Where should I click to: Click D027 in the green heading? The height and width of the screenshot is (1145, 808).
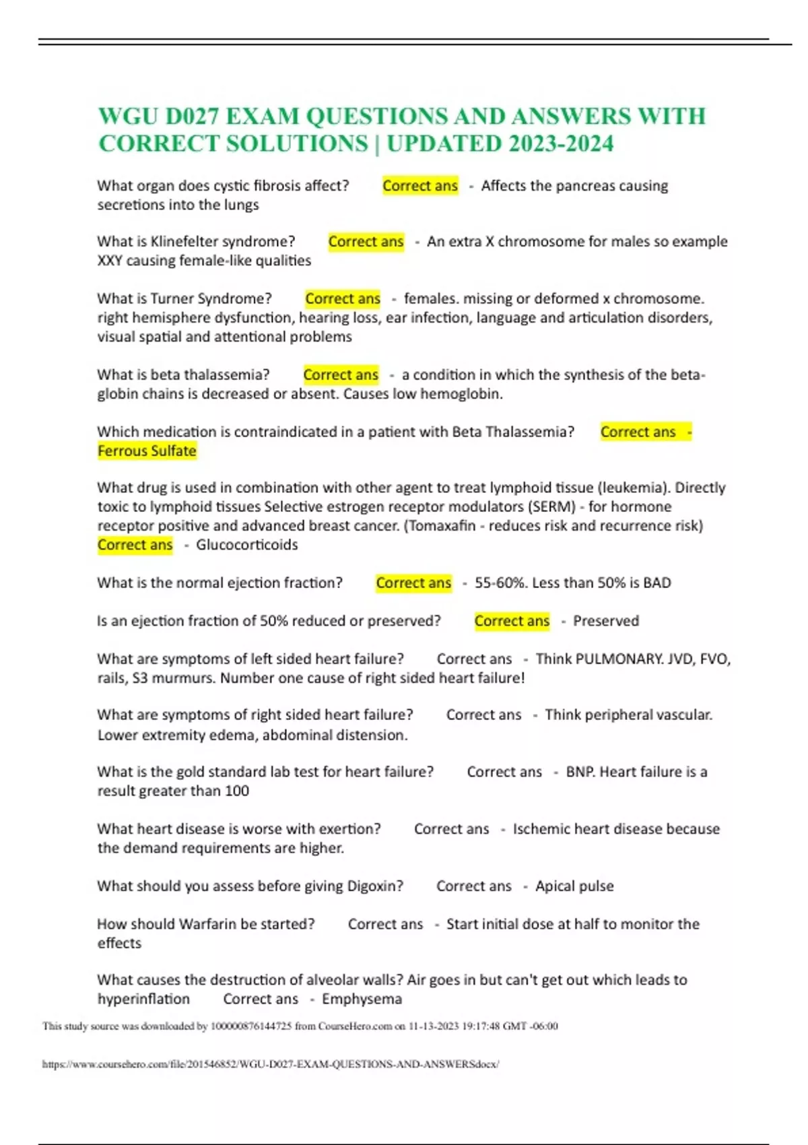(193, 117)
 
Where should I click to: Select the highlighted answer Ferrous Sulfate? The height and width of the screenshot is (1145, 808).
(147, 451)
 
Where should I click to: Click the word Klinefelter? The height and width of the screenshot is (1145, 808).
(184, 241)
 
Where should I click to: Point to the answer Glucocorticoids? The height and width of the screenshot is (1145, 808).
(246, 544)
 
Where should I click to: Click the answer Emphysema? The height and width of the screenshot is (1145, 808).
(362, 999)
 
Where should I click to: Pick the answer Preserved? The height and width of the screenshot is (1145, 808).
(605, 620)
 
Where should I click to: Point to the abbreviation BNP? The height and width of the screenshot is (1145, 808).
(580, 772)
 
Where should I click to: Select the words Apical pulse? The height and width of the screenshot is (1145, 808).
(574, 886)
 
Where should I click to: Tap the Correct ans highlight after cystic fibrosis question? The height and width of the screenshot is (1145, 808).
(420, 185)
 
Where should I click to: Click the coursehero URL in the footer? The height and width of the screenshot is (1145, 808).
(270, 1064)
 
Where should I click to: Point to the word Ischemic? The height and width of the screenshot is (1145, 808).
(541, 828)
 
